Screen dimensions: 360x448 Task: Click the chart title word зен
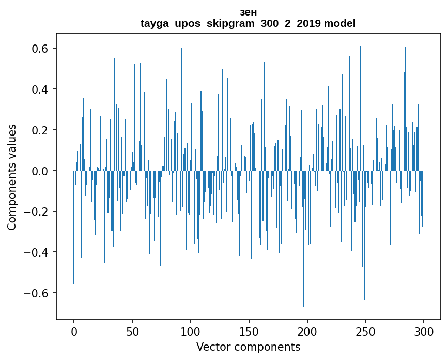248,12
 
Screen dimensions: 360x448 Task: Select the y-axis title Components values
12,177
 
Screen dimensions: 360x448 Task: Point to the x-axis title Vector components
248,347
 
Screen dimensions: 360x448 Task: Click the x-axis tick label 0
74,331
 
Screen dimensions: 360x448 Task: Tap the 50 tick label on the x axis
132,331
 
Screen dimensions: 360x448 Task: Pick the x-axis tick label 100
191,331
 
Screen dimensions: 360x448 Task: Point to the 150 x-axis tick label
249,331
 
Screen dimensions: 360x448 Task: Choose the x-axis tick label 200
307,331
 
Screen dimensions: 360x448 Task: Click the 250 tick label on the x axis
366,331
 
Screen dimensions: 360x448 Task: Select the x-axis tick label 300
424,331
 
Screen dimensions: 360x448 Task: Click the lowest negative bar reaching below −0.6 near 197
304,259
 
